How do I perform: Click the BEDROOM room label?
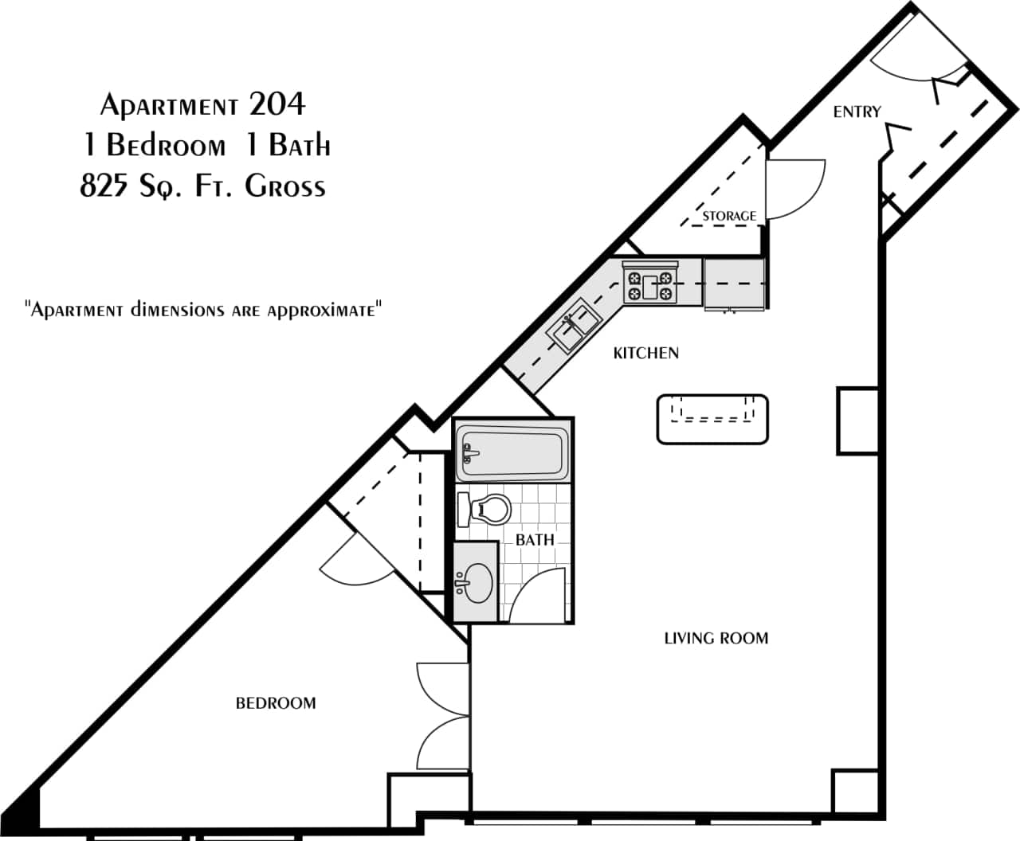pyautogui.click(x=276, y=703)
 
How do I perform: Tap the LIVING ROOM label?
pyautogui.click(x=716, y=638)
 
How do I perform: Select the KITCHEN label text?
pyautogui.click(x=645, y=353)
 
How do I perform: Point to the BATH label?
pyautogui.click(x=534, y=540)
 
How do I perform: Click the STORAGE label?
pyautogui.click(x=729, y=216)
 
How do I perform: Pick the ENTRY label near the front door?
pyautogui.click(x=857, y=112)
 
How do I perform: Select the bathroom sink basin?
pyautogui.click(x=477, y=583)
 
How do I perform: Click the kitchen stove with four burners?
pyautogui.click(x=649, y=283)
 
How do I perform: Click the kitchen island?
pyautogui.click(x=712, y=419)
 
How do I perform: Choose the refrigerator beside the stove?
pyautogui.click(x=734, y=284)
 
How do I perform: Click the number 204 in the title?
pyautogui.click(x=277, y=104)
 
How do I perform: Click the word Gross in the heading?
pyautogui.click(x=285, y=187)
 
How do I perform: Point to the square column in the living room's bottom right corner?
pyautogui.click(x=855, y=790)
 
